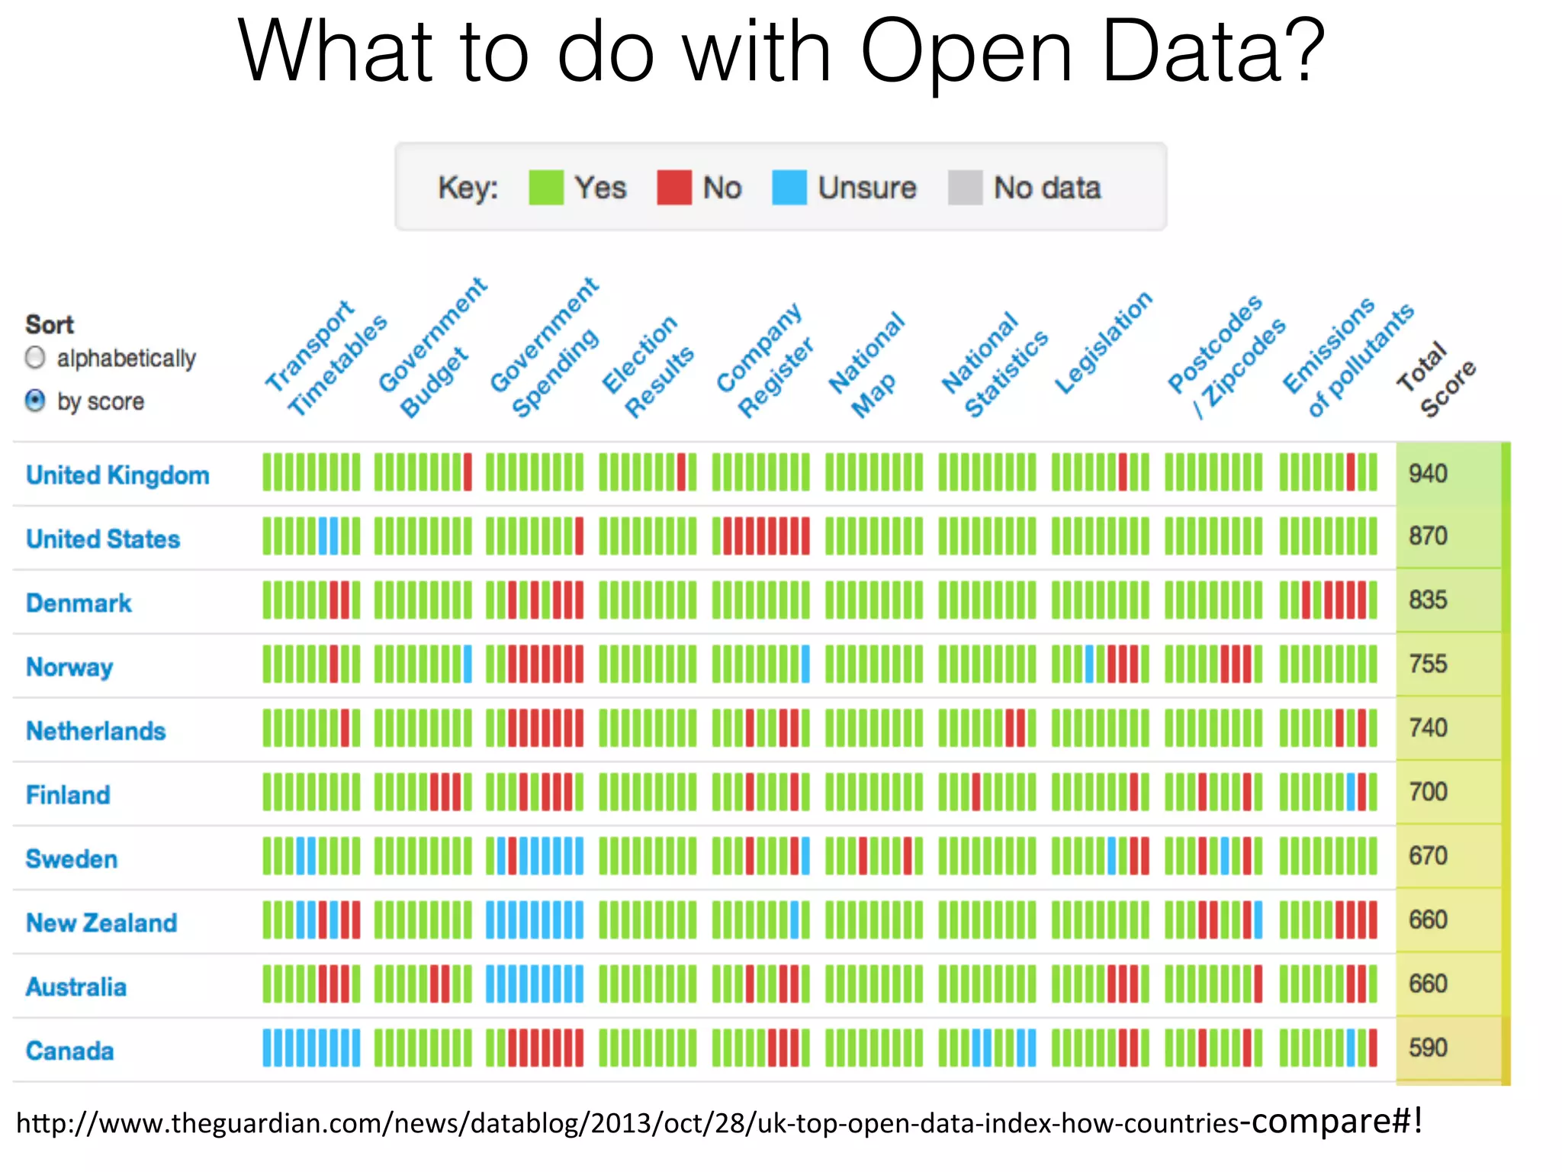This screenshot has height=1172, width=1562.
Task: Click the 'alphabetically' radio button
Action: click(x=35, y=357)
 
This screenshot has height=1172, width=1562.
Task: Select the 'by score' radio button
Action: click(x=35, y=400)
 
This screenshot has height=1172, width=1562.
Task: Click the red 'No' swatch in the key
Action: click(x=673, y=188)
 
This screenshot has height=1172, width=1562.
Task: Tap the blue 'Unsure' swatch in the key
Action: click(x=789, y=188)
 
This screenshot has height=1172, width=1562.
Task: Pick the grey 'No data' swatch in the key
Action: click(x=965, y=188)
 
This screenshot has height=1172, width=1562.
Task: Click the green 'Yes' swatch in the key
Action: click(x=545, y=188)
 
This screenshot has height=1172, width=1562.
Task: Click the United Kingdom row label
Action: click(x=117, y=475)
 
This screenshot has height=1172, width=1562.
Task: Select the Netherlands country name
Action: click(x=96, y=730)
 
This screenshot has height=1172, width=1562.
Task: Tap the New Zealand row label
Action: click(x=101, y=922)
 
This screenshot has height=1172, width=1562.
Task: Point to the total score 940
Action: click(x=1428, y=474)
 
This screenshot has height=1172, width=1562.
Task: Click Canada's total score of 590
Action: click(x=1428, y=1048)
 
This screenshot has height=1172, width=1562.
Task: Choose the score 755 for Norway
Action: click(x=1428, y=664)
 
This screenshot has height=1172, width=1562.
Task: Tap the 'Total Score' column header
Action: click(x=1435, y=379)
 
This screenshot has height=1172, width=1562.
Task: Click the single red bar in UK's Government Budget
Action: click(x=468, y=472)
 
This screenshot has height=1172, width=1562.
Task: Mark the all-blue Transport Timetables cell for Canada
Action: click(x=311, y=1048)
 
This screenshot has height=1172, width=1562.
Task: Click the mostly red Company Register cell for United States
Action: click(x=761, y=536)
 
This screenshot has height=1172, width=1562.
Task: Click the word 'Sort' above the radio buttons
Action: click(x=50, y=324)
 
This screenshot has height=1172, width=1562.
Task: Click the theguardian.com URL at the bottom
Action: click(x=717, y=1122)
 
